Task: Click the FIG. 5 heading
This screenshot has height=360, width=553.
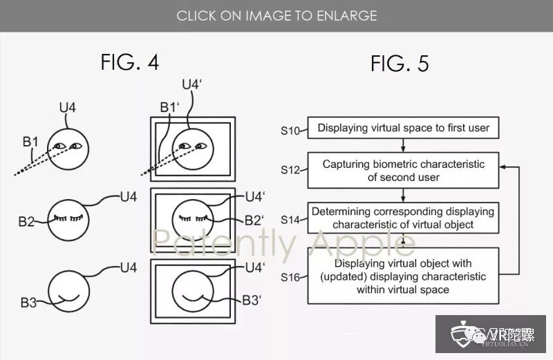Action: (x=400, y=64)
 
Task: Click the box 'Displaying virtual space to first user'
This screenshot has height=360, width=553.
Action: (x=403, y=128)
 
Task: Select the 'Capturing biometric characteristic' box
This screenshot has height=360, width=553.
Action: (x=404, y=171)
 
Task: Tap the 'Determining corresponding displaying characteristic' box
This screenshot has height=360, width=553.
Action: (x=404, y=218)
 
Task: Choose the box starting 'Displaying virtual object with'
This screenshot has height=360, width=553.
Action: (x=404, y=275)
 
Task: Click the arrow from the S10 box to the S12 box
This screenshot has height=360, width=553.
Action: (x=404, y=145)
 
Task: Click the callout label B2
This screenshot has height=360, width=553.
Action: (x=27, y=222)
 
